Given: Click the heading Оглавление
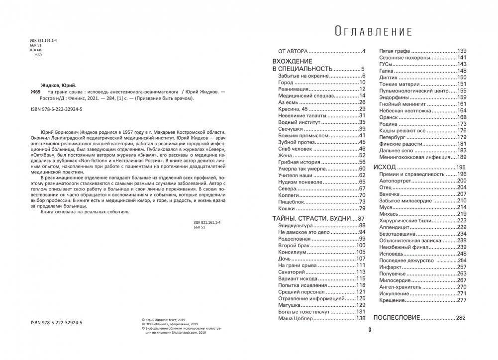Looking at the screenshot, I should pyautogui.click(x=373, y=32).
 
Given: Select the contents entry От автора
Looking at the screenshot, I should pyautogui.click(x=292, y=51).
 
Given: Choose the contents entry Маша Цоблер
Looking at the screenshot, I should pyautogui.click(x=293, y=318).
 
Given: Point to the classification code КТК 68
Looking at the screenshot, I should pyautogui.click(x=36, y=51).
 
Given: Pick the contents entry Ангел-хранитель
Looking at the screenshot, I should pyautogui.click(x=400, y=287).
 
